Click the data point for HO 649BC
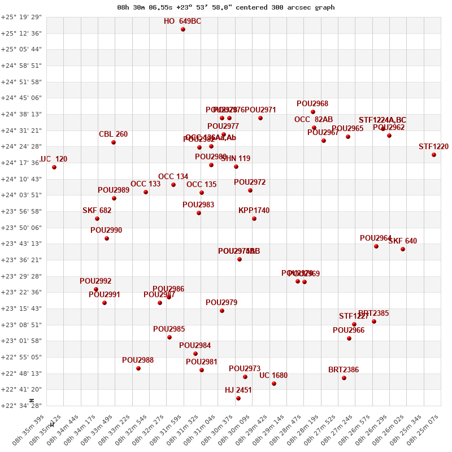click(183, 29)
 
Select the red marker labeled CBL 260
click(114, 142)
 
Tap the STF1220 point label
click(433, 147)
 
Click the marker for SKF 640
click(403, 249)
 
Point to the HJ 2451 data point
click(238, 398)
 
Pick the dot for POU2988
click(138, 368)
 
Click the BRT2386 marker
click(344, 378)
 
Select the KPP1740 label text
click(254, 211)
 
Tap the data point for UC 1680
click(274, 384)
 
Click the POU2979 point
click(222, 311)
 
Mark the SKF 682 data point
click(97, 219)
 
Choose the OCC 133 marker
click(146, 192)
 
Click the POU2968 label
click(312, 104)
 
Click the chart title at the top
click(226, 7)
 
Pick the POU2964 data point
click(376, 246)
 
